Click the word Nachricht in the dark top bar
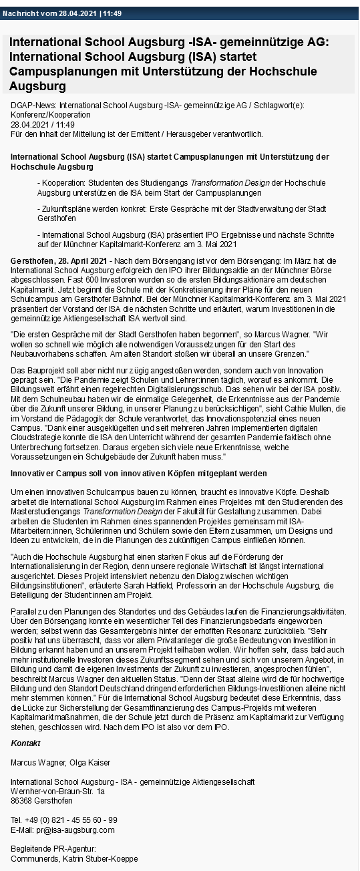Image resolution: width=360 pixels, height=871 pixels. (21, 13)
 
